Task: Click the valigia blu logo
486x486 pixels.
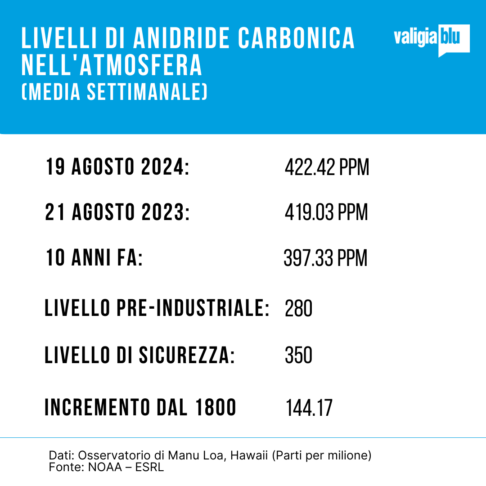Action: (x=431, y=40)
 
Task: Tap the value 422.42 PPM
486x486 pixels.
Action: (x=327, y=168)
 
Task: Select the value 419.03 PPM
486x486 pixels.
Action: (x=326, y=212)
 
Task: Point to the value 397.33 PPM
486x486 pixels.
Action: (x=325, y=259)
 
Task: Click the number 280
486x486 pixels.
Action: (x=298, y=309)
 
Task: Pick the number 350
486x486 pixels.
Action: (x=298, y=355)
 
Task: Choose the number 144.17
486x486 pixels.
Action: (x=309, y=408)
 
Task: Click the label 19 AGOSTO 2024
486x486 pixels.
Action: (x=117, y=168)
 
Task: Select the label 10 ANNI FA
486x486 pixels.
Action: (x=94, y=259)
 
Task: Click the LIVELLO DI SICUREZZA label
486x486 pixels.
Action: (x=139, y=355)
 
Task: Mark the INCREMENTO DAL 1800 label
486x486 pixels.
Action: (x=140, y=408)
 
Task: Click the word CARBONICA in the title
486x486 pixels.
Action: (x=296, y=39)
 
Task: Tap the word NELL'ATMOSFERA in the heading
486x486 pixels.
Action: (x=112, y=66)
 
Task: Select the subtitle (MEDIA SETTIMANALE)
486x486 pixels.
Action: (x=114, y=92)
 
